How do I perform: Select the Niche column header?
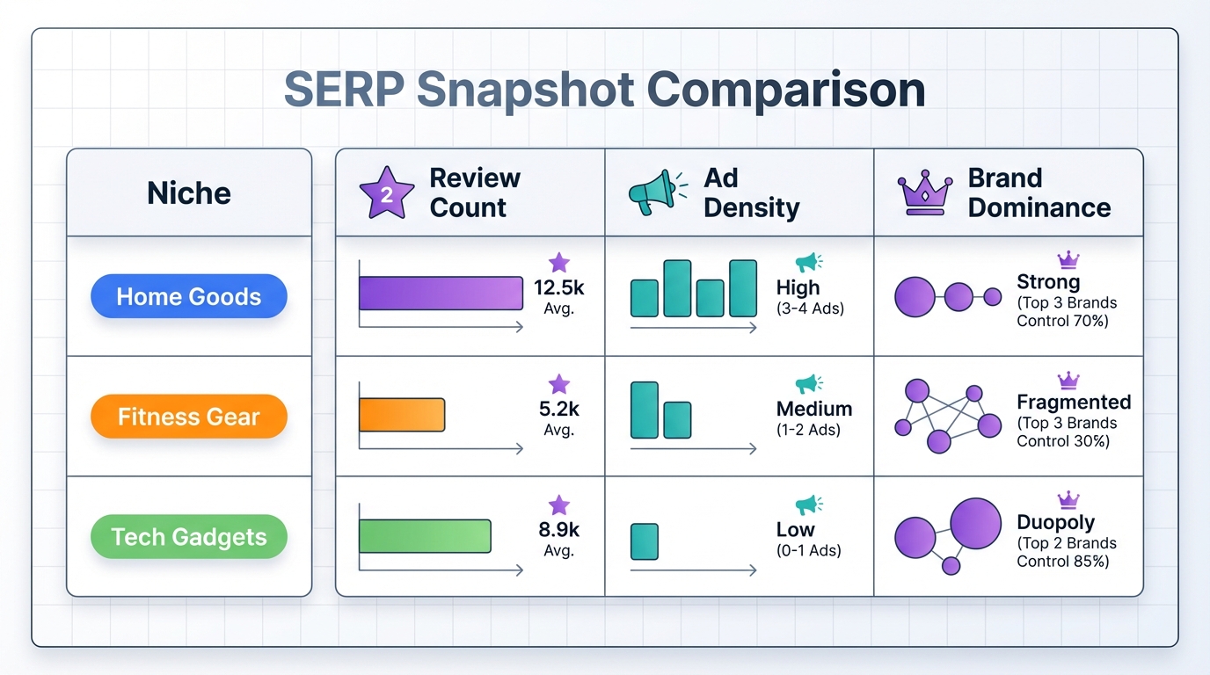(x=189, y=193)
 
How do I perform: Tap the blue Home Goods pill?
(x=189, y=296)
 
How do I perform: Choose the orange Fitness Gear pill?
(x=189, y=416)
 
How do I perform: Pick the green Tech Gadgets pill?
(x=189, y=536)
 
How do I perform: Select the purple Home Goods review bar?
(x=441, y=294)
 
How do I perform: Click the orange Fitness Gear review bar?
(x=402, y=415)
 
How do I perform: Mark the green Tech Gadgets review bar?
(x=425, y=535)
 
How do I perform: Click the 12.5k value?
(x=558, y=288)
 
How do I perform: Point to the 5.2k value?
(x=558, y=409)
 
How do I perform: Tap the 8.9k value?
(x=558, y=530)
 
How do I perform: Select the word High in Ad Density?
(x=798, y=287)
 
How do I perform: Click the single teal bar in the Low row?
(x=645, y=541)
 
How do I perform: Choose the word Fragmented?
(x=1074, y=403)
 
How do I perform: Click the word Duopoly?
(x=1055, y=522)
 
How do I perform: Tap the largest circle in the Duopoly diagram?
(x=976, y=523)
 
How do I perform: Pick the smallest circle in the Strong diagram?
(x=993, y=297)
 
